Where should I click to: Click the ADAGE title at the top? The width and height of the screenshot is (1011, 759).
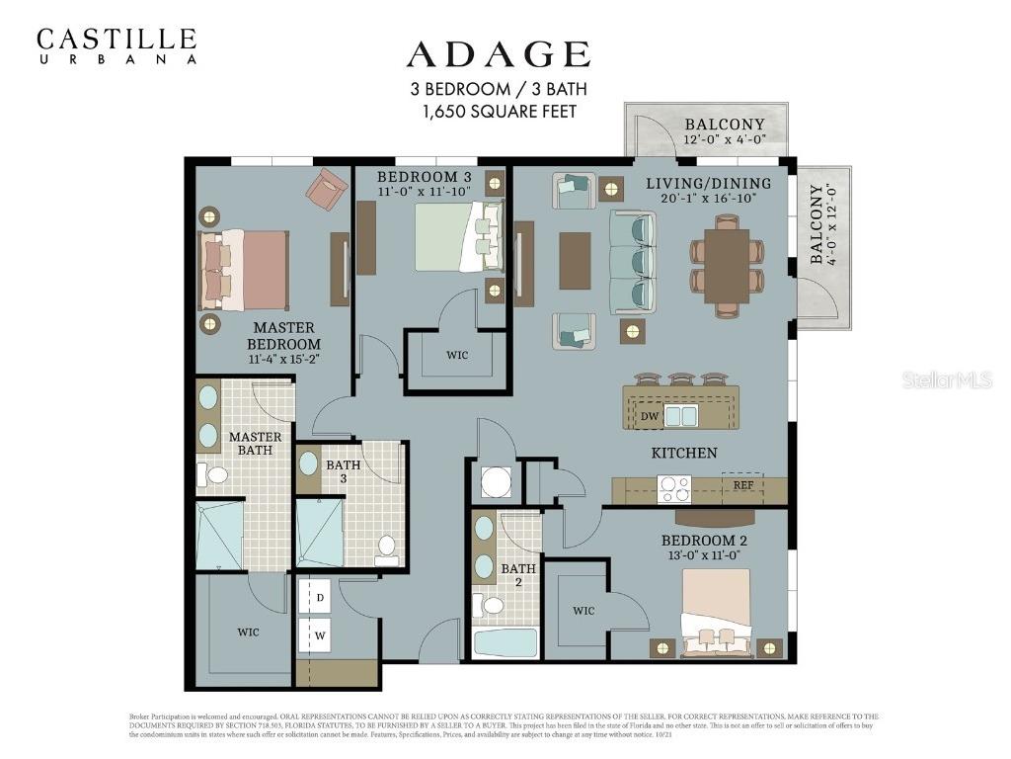pos(498,53)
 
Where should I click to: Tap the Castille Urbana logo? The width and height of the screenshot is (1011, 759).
pos(117,45)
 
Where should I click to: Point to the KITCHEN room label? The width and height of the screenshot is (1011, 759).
pos(683,453)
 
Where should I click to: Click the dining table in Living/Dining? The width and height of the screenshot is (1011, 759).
pos(727,266)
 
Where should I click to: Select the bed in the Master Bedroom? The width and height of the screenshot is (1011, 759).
pos(246,270)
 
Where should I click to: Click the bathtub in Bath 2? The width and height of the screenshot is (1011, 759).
pos(505,643)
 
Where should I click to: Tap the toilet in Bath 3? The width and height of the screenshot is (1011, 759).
pos(386,547)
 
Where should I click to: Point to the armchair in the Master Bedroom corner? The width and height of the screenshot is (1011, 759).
pos(326,188)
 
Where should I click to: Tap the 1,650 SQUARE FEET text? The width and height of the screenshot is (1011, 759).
pos(499,112)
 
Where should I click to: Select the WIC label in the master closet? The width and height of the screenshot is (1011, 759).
pos(248,632)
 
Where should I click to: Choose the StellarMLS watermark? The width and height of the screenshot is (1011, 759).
pos(946,380)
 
